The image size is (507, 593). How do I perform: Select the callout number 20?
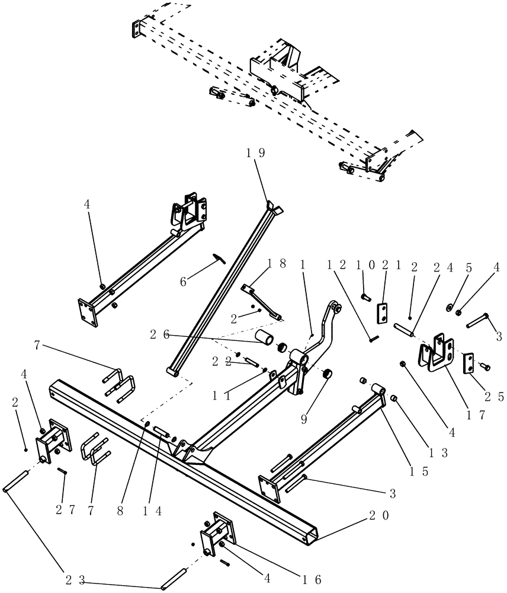coord(377,516)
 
